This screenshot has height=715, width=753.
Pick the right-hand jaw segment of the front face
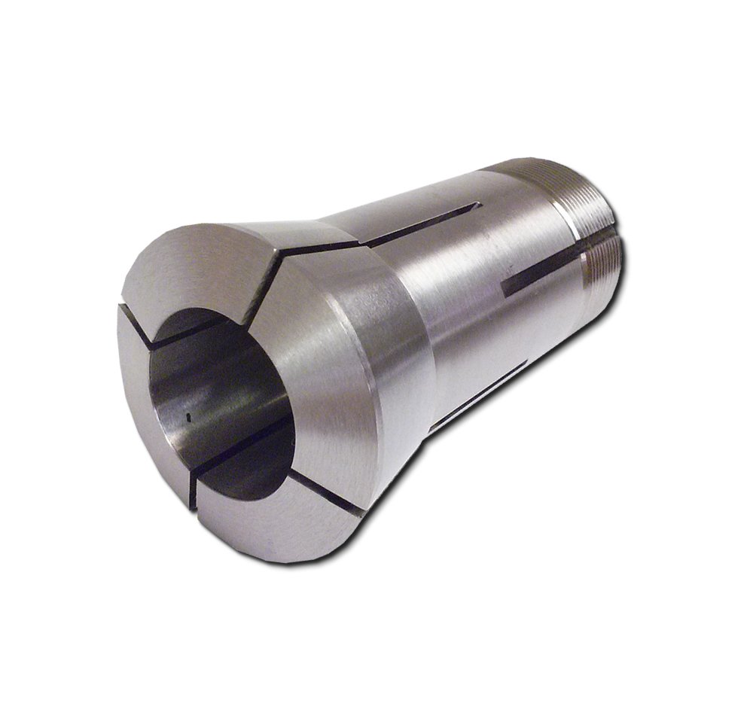[x=331, y=376]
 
